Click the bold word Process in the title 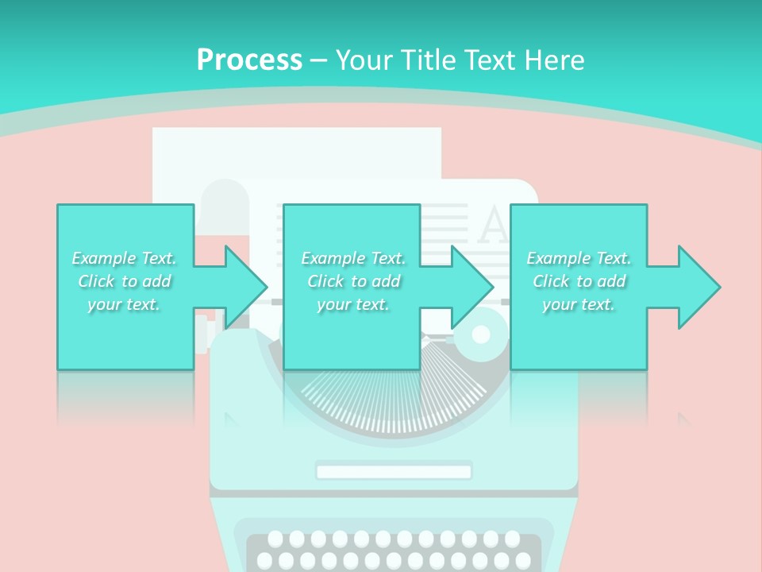click(249, 60)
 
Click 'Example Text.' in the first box click(124, 258)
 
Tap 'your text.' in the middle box click(352, 304)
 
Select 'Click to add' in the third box click(579, 281)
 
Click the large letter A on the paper click(495, 226)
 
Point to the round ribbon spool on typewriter click(481, 334)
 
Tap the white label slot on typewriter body click(394, 472)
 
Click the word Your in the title click(363, 60)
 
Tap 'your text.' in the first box click(124, 304)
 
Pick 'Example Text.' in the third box click(579, 258)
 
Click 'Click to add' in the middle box click(353, 281)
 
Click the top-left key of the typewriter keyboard click(275, 539)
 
